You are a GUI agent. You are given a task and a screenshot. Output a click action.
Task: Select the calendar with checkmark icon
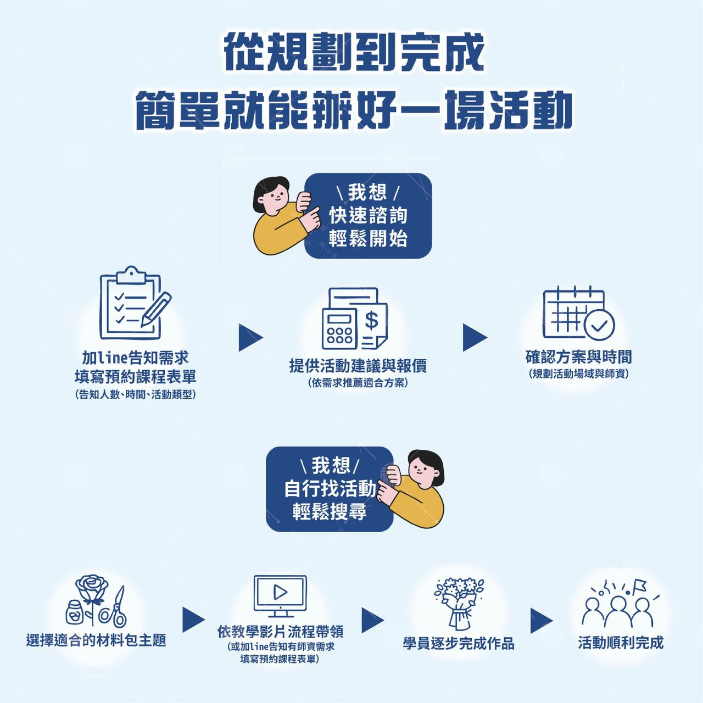[578, 313]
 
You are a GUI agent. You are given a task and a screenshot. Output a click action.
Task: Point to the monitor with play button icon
[280, 596]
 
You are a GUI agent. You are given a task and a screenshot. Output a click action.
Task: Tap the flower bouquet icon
[459, 603]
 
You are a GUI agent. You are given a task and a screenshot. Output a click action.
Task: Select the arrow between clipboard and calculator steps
[250, 338]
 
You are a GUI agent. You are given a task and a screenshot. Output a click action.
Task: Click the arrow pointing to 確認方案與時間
[474, 337]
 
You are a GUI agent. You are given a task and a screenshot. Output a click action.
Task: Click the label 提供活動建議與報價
[358, 366]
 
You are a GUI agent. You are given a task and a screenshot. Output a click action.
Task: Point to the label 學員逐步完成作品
[459, 643]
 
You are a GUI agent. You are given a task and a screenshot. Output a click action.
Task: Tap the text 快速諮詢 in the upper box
[368, 215]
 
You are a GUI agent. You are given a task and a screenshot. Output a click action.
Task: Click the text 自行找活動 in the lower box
[330, 489]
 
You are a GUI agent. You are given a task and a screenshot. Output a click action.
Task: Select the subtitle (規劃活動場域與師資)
[578, 374]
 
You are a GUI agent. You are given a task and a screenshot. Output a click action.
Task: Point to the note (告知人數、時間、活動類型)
[135, 394]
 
